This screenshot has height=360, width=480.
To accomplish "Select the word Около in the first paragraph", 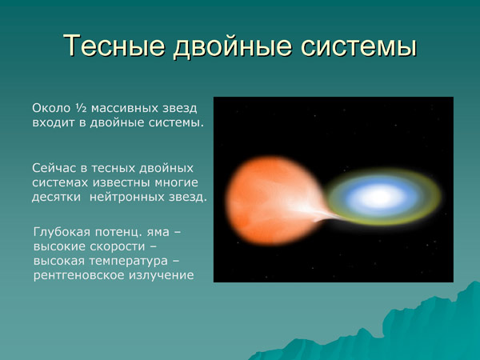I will pyautogui.click(x=50, y=108).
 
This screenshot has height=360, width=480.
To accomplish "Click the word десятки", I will pyautogui.click(x=57, y=197).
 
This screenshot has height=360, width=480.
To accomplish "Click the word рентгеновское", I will pyautogui.click(x=76, y=275).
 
